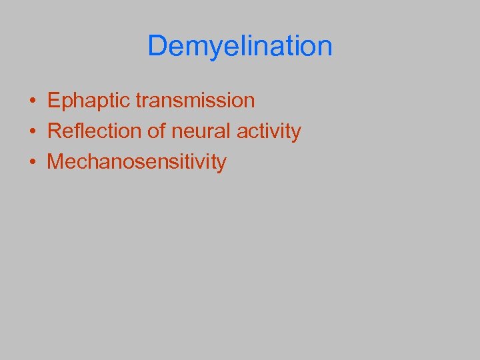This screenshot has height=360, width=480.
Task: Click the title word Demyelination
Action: click(239, 46)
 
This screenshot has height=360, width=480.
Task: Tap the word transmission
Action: click(195, 101)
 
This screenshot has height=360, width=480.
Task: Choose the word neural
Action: click(197, 131)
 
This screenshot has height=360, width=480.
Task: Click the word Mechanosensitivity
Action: click(137, 161)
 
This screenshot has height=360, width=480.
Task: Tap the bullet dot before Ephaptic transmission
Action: click(32, 101)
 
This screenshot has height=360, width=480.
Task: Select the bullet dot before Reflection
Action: click(32, 131)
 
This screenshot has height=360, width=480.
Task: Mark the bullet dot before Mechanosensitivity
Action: click(32, 162)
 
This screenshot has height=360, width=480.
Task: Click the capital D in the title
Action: click(157, 46)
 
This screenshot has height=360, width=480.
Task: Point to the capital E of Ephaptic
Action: click(53, 101)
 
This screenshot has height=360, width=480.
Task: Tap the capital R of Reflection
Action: click(54, 131)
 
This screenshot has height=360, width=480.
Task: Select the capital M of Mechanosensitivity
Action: click(55, 161)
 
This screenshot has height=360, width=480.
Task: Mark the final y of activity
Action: click(296, 133)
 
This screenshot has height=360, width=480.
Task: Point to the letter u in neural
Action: click(198, 132)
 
